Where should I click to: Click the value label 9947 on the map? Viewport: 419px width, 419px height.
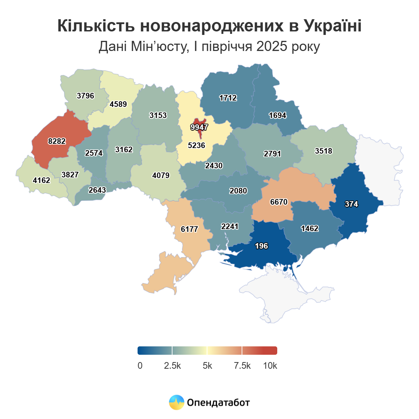click(x=199, y=127)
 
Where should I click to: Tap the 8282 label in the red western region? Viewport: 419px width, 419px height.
click(x=57, y=141)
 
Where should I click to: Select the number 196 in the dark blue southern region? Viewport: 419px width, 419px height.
click(x=261, y=246)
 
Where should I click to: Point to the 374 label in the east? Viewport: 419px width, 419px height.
click(x=351, y=204)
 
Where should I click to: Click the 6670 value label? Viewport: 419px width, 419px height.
click(x=279, y=202)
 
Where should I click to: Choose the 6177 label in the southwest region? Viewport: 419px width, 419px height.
click(x=189, y=229)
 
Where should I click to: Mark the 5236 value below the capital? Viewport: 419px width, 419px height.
click(x=196, y=145)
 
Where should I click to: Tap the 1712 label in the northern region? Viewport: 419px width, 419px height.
click(x=228, y=98)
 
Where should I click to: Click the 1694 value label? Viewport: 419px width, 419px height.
click(x=278, y=115)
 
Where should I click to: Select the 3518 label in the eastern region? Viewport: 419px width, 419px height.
click(x=323, y=151)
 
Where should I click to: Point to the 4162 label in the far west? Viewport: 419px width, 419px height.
click(x=42, y=180)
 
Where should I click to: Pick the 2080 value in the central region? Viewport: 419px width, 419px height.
click(x=238, y=191)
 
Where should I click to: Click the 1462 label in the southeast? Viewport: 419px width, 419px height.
click(x=310, y=228)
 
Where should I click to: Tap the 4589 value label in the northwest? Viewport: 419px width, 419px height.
click(x=118, y=104)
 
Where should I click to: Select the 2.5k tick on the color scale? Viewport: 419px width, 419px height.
click(x=172, y=366)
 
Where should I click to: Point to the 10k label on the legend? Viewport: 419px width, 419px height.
click(x=270, y=366)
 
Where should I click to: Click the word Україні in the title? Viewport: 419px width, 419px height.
click(x=332, y=26)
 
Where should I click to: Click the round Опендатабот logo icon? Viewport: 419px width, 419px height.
click(x=176, y=402)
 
